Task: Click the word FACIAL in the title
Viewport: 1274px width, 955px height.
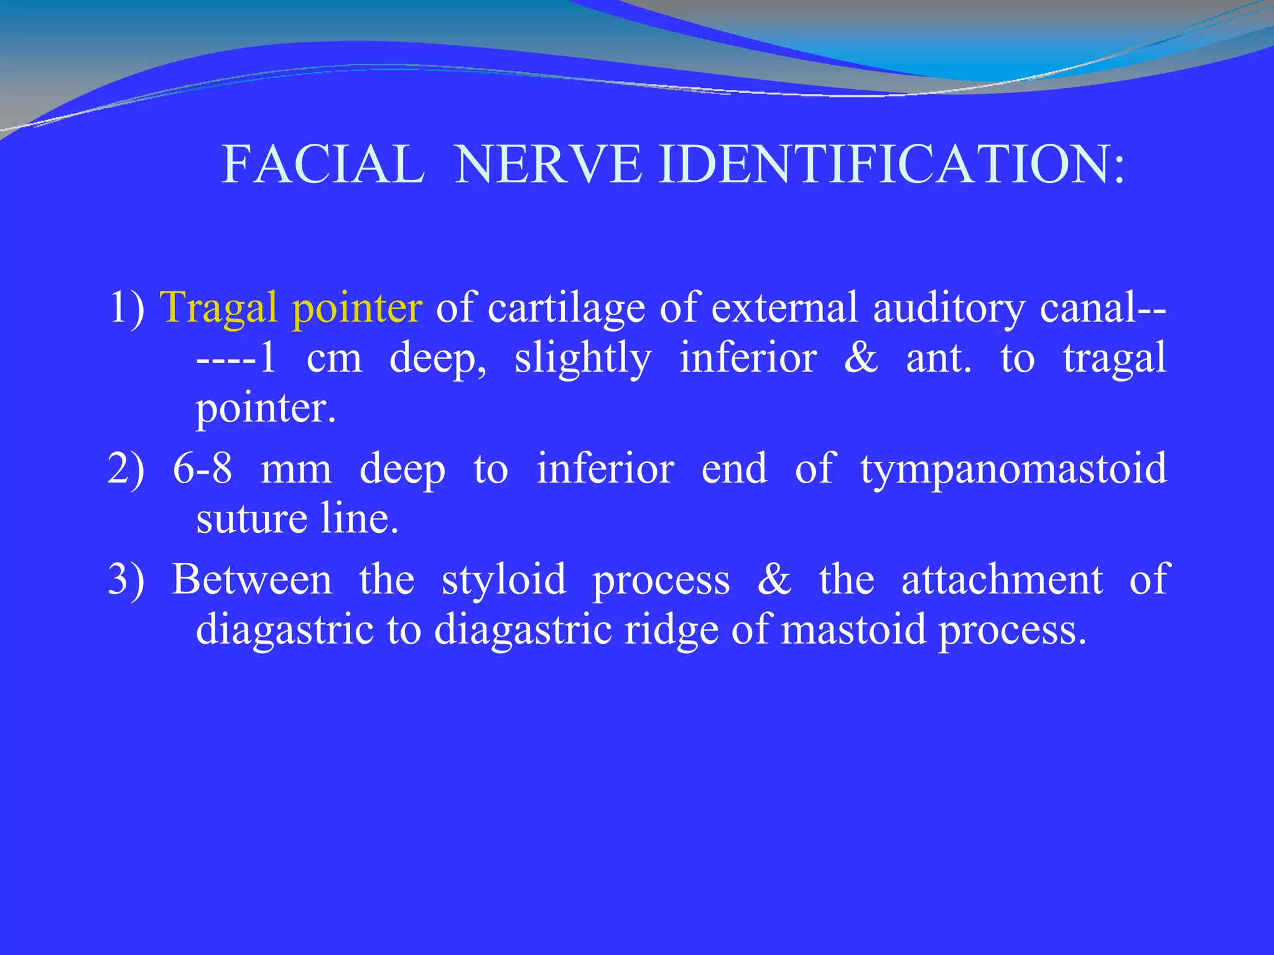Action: click(x=323, y=164)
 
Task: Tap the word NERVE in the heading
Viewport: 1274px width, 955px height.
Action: click(x=548, y=164)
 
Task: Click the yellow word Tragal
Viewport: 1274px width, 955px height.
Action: click(x=218, y=308)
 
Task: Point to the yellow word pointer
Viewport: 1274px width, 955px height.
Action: click(x=357, y=308)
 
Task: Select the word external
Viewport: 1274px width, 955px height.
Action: click(x=784, y=308)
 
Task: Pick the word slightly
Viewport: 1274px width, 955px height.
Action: click(x=583, y=359)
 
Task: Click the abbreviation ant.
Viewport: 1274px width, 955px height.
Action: click(x=939, y=359)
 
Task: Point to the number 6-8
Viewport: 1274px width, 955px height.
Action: click(x=203, y=469)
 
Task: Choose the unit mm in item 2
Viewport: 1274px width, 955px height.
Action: click(x=296, y=470)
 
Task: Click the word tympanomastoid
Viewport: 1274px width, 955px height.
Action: click(x=1013, y=470)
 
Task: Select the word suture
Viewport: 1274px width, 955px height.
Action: click(x=251, y=519)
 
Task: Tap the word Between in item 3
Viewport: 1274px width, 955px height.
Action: click(x=252, y=580)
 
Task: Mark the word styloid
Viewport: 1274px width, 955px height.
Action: click(x=504, y=580)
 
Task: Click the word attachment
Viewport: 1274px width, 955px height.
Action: click(x=1002, y=580)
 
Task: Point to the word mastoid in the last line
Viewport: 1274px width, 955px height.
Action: click(x=853, y=630)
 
